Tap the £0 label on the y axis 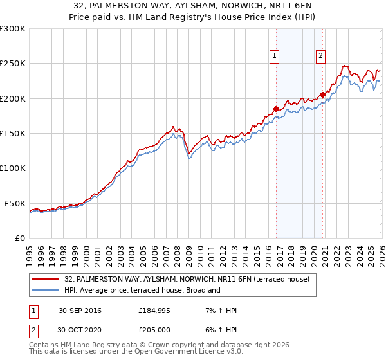click(x=19, y=238)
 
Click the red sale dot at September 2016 click(x=276, y=109)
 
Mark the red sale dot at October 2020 click(x=322, y=94)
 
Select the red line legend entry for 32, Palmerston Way click(x=187, y=279)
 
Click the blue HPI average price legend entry click(x=142, y=290)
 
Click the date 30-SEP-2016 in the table click(x=80, y=310)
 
